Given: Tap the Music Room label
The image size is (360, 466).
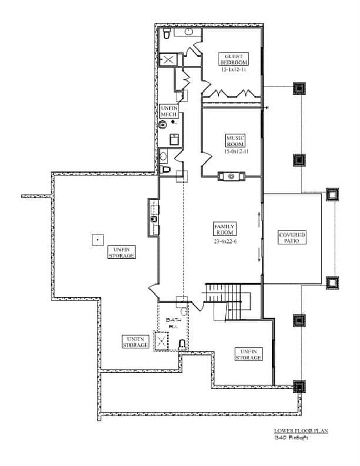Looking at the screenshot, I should coord(235,140).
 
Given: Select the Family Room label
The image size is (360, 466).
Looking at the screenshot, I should coord(224,229).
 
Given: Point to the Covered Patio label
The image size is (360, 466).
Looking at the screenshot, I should coord(293,238).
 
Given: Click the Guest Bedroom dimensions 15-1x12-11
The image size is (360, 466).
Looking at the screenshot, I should coord(234,69).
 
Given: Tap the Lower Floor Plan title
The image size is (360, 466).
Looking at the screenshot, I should coord(301,431).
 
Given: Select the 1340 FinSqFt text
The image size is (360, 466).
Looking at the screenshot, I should coord(289,438).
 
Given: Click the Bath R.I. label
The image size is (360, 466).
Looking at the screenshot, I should coord(173,322).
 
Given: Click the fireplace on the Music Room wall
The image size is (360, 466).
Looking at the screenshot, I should coord(232,176).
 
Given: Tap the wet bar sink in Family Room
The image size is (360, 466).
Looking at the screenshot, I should coord(155,218).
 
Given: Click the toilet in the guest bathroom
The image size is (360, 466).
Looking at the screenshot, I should coord(166,34).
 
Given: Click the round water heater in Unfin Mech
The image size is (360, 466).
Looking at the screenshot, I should coord(164,125).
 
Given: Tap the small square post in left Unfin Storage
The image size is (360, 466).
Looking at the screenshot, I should coord(96,239).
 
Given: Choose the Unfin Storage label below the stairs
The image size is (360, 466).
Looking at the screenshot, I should coord(247,354).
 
